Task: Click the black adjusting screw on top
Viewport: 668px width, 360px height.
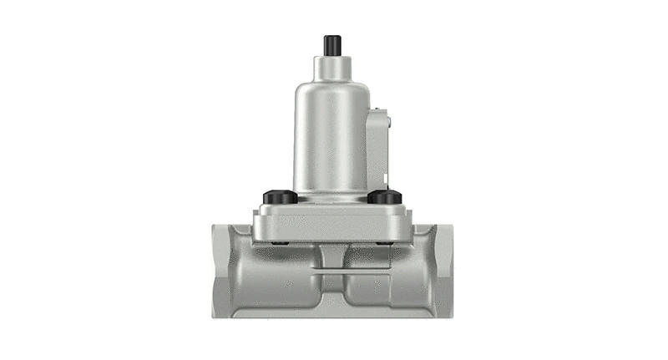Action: (x=332, y=43)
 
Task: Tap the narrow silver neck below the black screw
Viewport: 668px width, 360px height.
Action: (x=332, y=65)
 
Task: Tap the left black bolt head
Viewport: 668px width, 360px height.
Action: (x=280, y=197)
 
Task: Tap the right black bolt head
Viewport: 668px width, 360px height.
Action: (x=385, y=197)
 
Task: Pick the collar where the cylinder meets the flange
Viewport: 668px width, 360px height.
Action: (x=332, y=197)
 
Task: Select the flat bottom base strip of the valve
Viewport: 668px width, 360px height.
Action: (x=332, y=313)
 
